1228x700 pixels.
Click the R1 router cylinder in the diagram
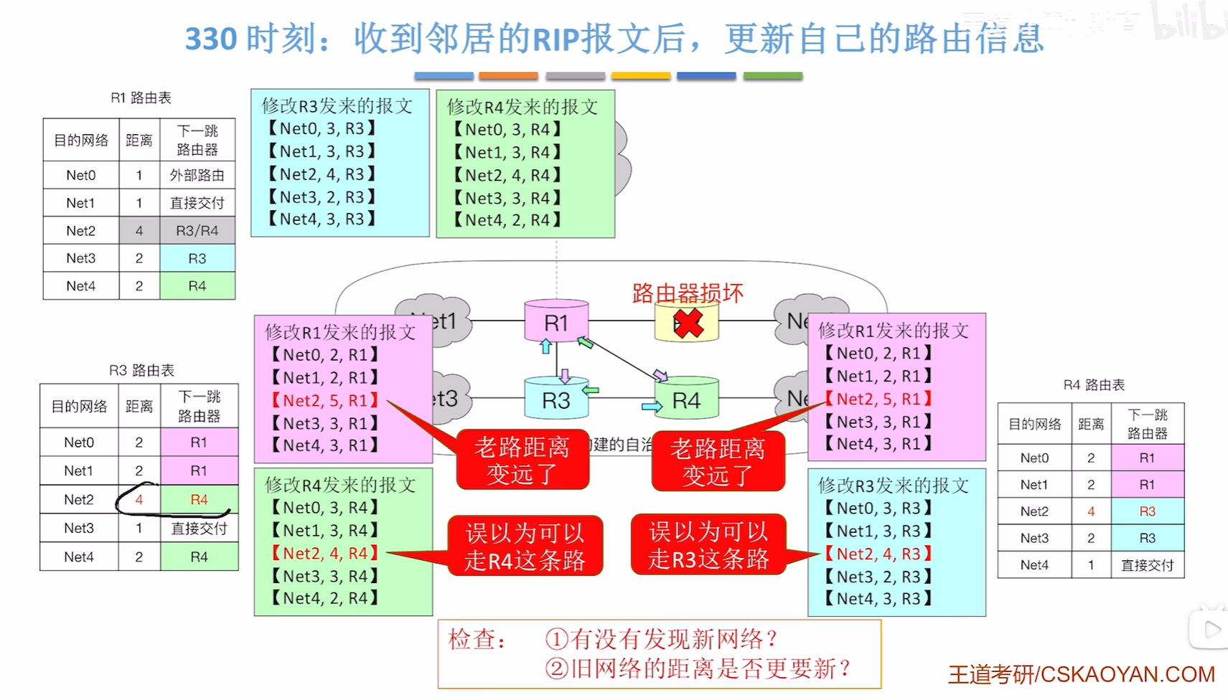[556, 322]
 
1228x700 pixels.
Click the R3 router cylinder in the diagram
[556, 399]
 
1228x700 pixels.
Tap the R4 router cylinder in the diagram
[686, 400]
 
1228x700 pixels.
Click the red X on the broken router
[688, 323]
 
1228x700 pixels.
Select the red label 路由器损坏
[687, 293]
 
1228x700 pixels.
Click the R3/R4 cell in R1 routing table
[197, 231]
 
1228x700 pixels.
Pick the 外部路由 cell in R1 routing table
[197, 175]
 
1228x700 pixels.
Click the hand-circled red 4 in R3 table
[139, 499]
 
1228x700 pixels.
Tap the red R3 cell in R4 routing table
[1147, 511]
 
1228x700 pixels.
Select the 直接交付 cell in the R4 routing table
[1147, 565]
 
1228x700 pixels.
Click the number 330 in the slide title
[211, 39]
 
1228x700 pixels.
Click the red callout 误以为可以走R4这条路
[525, 547]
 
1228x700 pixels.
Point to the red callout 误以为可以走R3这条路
[708, 545]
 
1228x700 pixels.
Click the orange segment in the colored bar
[508, 75]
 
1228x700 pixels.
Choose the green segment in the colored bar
[772, 75]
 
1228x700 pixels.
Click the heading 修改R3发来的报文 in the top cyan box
[337, 106]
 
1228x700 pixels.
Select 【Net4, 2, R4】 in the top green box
[507, 220]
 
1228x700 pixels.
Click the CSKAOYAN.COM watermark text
[1127, 674]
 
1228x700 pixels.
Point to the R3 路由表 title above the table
[141, 370]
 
